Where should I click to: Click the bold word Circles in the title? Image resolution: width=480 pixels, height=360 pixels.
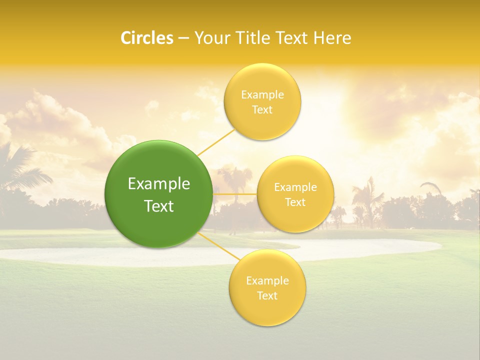[x=147, y=38]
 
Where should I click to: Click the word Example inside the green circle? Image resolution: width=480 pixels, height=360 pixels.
[x=159, y=184]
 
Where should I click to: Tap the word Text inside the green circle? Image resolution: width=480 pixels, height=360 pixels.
[x=159, y=206]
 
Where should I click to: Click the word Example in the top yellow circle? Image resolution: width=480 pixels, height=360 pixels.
[x=262, y=95]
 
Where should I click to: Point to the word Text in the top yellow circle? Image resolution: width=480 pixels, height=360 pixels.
[x=262, y=110]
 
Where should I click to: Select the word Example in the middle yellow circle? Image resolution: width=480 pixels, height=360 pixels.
[x=295, y=187]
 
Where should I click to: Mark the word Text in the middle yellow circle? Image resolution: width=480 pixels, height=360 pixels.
[x=295, y=202]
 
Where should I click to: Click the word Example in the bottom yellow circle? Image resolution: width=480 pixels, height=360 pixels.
[x=267, y=281]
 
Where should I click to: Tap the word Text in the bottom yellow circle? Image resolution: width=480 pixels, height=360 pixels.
[x=267, y=296]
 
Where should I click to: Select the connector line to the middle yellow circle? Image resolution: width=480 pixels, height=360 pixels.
[x=235, y=193]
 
